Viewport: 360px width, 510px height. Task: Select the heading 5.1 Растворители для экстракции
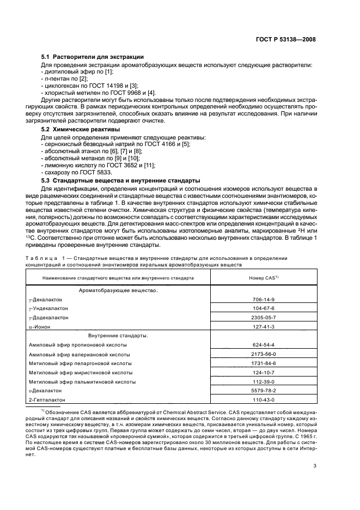(x=93, y=57)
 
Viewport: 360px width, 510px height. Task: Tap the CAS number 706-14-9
(x=263, y=300)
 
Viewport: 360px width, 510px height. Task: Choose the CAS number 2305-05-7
(x=263, y=317)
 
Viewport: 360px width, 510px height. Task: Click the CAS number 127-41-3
(x=263, y=326)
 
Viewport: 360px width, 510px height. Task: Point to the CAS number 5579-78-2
(x=263, y=391)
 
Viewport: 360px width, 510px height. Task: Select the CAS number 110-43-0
(x=263, y=400)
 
